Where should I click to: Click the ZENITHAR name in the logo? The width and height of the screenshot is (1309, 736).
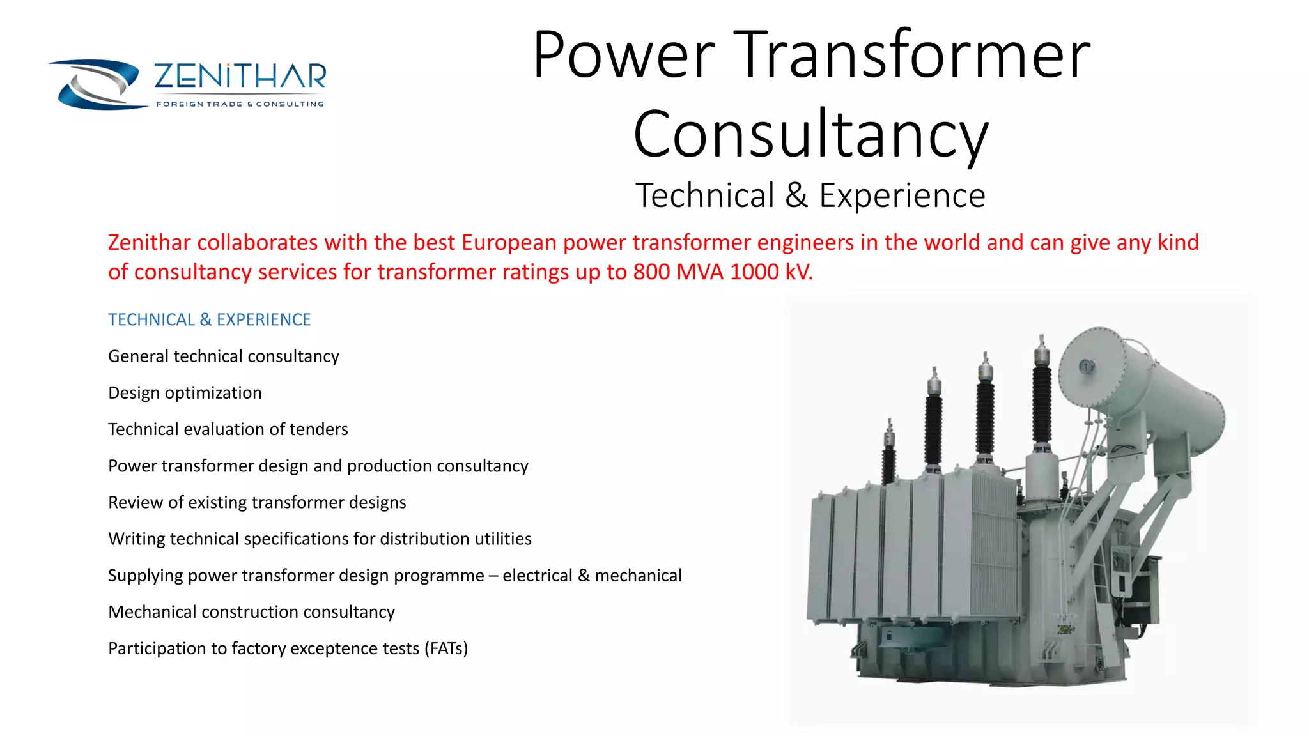[240, 76]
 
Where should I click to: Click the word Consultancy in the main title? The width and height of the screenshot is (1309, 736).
[810, 134]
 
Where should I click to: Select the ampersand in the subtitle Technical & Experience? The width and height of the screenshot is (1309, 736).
[796, 195]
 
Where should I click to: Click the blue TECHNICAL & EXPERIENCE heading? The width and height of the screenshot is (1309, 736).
[209, 319]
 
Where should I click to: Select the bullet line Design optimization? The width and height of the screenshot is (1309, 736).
[185, 392]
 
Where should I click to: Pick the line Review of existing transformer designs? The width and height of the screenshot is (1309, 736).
[257, 502]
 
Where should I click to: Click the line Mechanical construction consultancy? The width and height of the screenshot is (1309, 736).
[251, 612]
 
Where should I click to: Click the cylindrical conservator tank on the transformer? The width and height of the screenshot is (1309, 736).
[1144, 390]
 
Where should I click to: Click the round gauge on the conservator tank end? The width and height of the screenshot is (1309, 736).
[1087, 367]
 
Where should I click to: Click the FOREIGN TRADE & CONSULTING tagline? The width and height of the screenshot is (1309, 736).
[240, 104]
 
